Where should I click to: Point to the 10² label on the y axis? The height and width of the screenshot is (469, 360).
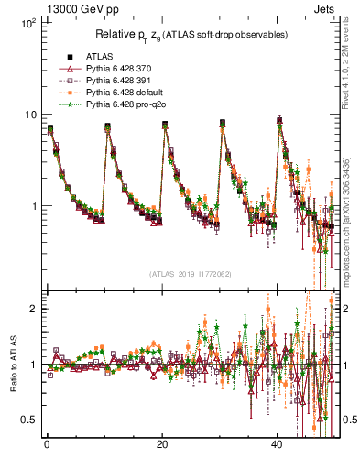pos(27,21)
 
